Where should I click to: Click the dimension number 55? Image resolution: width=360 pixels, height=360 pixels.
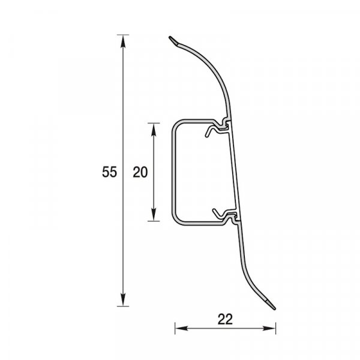[109, 172]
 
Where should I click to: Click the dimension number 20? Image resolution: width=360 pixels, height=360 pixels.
[140, 172]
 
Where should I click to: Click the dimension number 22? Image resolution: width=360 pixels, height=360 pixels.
[225, 319]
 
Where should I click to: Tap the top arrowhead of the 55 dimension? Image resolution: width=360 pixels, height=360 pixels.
[123, 41]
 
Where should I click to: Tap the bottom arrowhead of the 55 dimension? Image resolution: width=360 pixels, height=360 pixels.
[123, 299]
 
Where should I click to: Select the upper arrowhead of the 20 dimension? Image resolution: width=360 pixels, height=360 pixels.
[154, 130]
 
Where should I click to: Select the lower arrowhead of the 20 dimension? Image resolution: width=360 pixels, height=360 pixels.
[154, 214]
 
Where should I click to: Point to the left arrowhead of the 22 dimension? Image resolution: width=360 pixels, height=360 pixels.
[182, 328]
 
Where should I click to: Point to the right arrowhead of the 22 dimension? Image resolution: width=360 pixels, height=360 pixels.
[269, 328]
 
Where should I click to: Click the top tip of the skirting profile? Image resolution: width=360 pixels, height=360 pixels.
[170, 37]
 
